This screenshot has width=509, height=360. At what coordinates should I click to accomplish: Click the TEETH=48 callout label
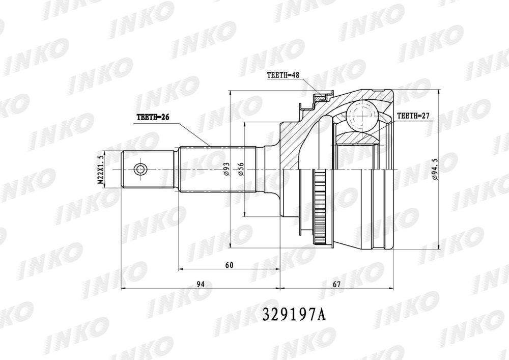[x=282, y=75]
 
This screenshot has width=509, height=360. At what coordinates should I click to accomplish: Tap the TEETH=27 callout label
[x=413, y=116]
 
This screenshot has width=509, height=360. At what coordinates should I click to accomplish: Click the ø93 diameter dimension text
[x=227, y=169]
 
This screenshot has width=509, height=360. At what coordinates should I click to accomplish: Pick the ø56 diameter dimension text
[x=241, y=169]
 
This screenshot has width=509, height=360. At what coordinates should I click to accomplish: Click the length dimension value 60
[x=229, y=265]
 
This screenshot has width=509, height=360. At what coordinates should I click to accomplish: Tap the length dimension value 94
[x=201, y=284]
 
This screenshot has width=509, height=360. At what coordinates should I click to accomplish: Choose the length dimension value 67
[x=336, y=284]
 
